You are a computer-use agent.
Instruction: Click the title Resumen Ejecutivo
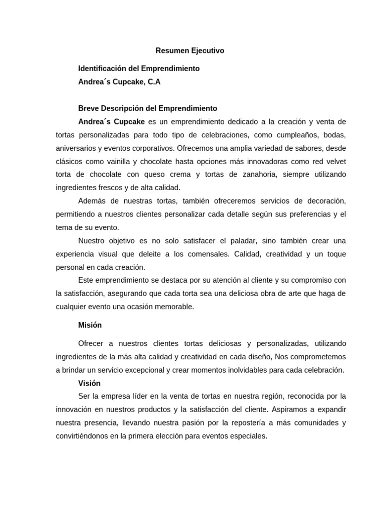coord(190,50)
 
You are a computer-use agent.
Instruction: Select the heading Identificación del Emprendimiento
coord(139,68)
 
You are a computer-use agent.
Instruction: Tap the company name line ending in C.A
coord(119,82)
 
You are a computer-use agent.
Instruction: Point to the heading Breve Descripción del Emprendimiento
coord(147,108)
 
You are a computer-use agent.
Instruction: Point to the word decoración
coord(325,201)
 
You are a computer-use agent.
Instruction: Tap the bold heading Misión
coord(90,325)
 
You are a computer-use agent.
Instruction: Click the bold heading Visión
coord(90,383)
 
